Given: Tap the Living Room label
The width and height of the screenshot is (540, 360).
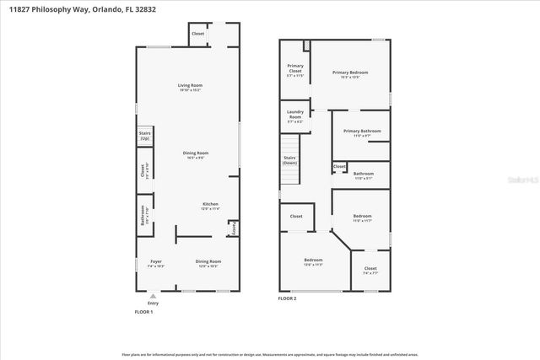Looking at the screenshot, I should tap(189, 87).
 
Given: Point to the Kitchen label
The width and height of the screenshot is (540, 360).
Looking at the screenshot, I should tap(210, 206).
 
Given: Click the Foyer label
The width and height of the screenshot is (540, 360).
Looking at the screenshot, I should tap(156, 263).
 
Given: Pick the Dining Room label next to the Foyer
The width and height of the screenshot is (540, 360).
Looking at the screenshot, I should tap(208, 263).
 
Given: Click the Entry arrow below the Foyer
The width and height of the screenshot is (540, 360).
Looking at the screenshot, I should tap(152, 297).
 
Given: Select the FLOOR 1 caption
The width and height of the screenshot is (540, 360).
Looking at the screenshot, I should tap(144, 312).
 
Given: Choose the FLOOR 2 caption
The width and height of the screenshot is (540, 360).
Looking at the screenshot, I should tap(289, 298).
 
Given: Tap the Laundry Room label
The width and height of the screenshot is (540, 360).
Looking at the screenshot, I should tap(295, 114).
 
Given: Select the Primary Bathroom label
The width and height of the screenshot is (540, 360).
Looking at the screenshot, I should tap(362, 132).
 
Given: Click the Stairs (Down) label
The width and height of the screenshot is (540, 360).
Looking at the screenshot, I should tap(289, 159).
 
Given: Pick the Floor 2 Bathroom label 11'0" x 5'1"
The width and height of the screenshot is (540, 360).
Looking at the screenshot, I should tap(364, 175).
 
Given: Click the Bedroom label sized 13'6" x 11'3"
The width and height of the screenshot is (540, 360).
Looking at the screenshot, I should tap(313, 261).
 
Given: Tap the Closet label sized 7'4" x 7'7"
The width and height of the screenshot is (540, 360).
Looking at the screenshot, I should tap(370, 270).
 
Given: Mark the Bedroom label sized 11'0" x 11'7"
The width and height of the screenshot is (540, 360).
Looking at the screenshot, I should tap(361, 218).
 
